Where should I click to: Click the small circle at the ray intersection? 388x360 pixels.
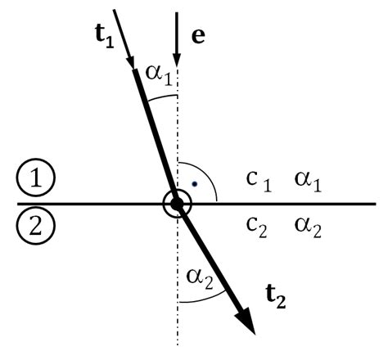click(x=176, y=203)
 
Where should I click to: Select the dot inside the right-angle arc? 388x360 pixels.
click(x=193, y=183)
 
